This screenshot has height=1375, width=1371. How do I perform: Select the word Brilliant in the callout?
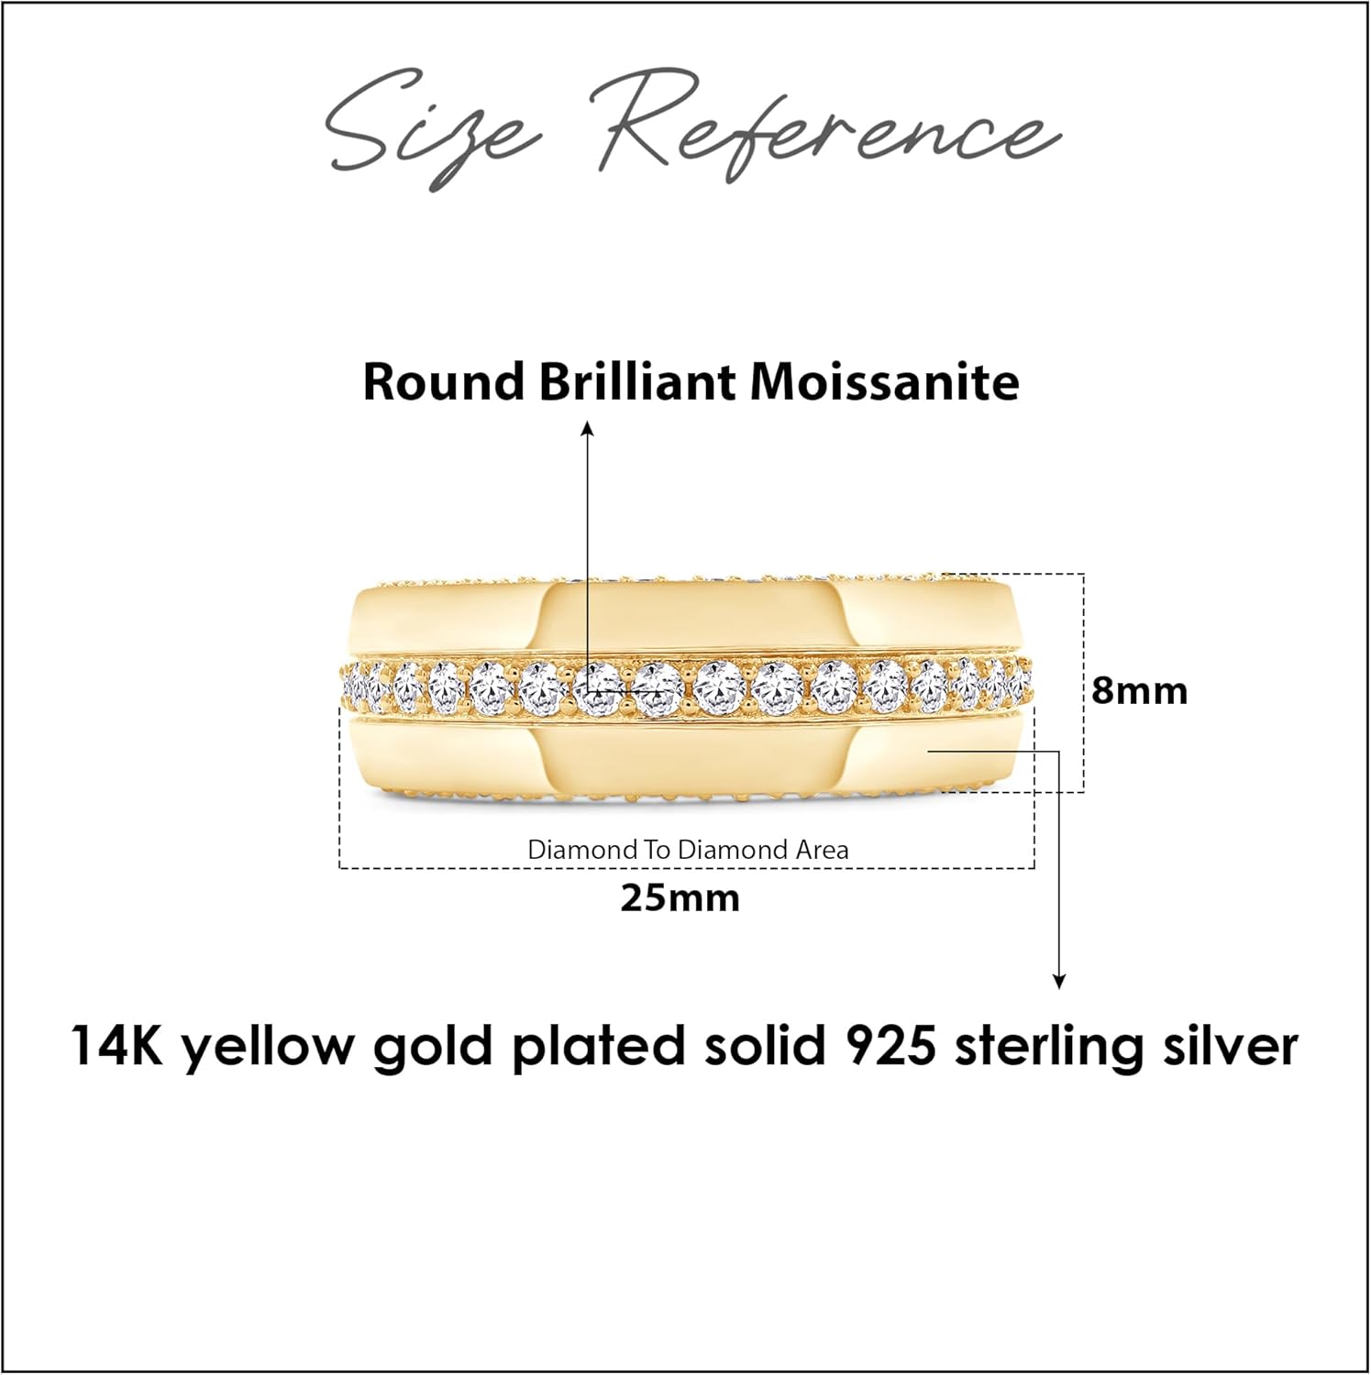[637, 381]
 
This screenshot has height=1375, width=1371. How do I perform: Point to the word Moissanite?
[884, 381]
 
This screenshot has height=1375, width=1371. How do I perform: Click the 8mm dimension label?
[1139, 690]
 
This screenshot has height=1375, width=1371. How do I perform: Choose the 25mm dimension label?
[680, 898]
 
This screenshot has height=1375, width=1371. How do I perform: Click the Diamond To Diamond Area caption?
[688, 850]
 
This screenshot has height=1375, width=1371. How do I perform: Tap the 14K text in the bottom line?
[116, 1046]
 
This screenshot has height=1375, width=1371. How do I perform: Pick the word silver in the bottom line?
[1231, 1046]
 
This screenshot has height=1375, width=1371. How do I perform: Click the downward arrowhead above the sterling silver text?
[1059, 982]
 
